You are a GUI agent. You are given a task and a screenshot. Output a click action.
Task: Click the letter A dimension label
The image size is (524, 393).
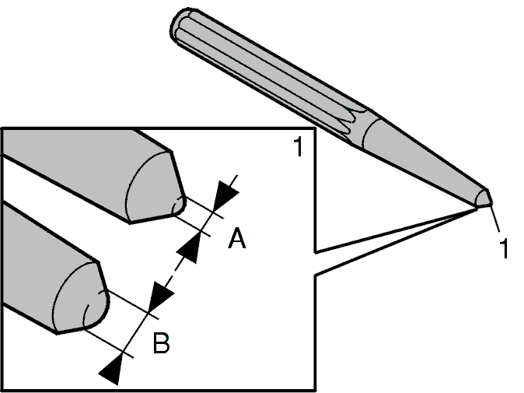point(237,238)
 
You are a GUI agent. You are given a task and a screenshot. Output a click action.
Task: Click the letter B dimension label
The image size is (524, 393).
point(161,343)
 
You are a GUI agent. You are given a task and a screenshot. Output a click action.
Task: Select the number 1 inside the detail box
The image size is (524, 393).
point(299,146)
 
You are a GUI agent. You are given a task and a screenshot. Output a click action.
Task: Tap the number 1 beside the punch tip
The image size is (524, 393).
point(504,248)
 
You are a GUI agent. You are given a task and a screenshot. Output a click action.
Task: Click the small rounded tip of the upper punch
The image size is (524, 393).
point(179,205)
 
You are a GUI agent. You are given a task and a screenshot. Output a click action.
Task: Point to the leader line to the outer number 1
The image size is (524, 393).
point(495,219)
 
